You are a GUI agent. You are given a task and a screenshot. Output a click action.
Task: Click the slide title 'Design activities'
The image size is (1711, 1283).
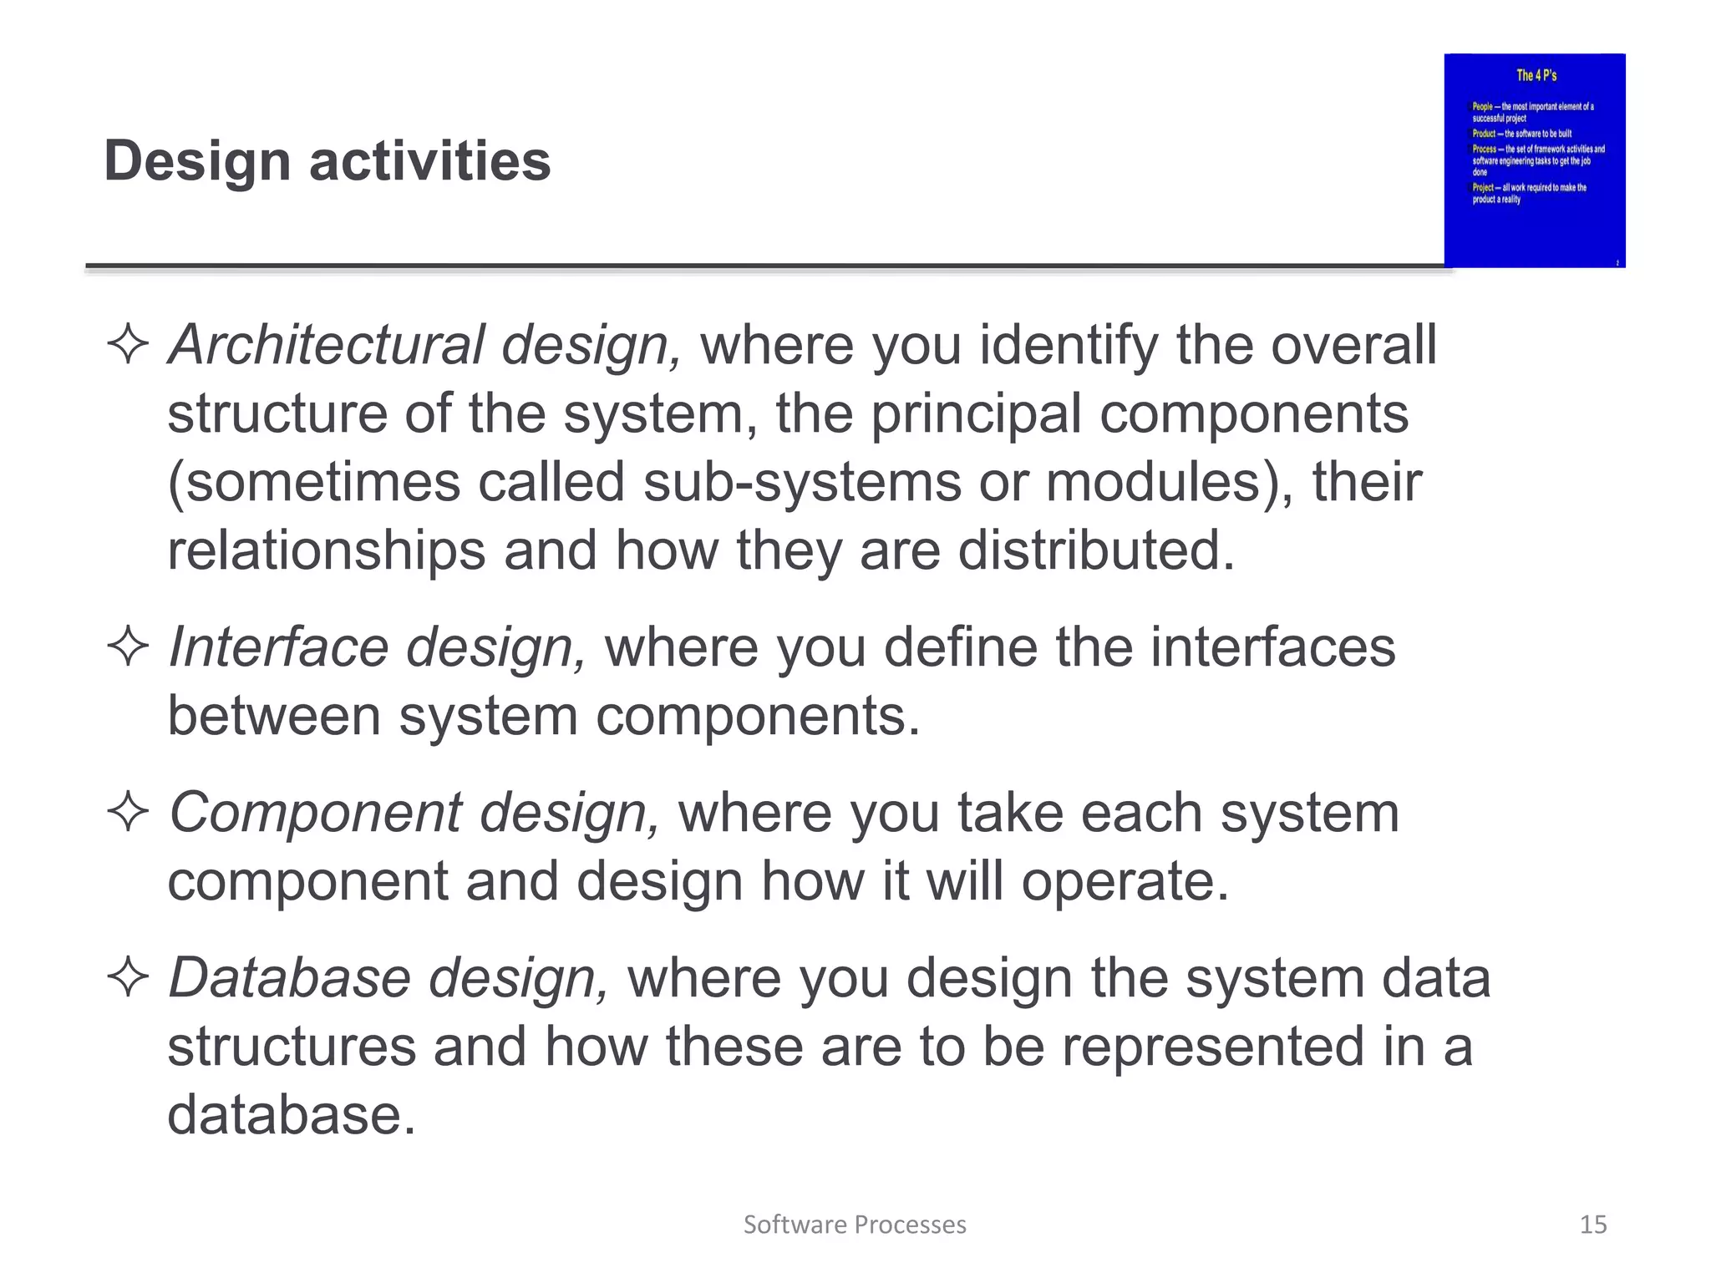point(327,160)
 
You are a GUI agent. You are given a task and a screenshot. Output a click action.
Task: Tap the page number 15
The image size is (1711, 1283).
point(1592,1225)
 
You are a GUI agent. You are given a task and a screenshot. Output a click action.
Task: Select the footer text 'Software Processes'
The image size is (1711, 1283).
point(855,1225)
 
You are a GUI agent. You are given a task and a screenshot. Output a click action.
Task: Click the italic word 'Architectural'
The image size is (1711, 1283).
point(326,344)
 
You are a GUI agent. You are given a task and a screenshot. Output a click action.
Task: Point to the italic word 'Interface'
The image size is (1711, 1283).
point(278,647)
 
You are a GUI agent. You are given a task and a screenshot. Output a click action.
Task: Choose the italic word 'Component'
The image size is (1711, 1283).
point(316,813)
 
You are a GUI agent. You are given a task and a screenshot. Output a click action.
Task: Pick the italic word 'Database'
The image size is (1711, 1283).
point(289,977)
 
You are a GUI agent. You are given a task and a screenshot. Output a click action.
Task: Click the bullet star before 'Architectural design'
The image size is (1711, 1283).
point(128,344)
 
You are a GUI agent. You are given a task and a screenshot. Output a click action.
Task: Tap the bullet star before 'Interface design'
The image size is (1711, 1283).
point(128,647)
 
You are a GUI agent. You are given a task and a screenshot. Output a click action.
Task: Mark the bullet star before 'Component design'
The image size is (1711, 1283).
point(128,813)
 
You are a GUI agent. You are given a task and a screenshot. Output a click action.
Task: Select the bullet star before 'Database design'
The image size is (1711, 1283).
point(128,977)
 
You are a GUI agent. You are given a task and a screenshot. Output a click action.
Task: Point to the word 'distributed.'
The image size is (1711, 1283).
point(1095,551)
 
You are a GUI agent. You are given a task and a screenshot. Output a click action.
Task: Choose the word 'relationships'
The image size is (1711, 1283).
point(326,551)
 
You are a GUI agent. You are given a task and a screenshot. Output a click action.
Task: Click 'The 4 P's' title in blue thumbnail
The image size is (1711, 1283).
point(1536,75)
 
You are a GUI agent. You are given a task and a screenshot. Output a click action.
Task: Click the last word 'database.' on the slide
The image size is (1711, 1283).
point(292,1115)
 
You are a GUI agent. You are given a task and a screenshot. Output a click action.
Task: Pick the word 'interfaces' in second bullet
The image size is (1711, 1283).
point(1272,647)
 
